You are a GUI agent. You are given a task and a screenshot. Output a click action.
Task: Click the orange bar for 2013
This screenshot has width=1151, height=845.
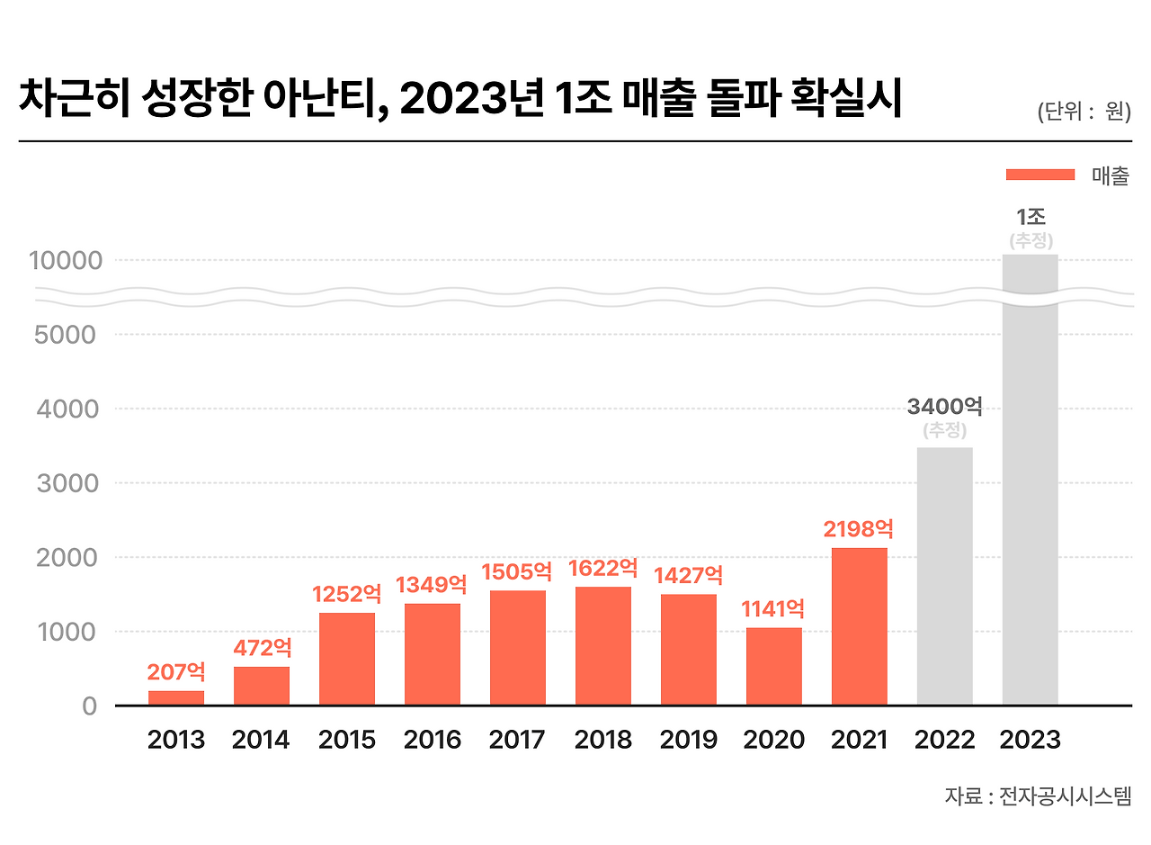click(176, 697)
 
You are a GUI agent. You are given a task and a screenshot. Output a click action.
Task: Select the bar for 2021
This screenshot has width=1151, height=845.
click(860, 626)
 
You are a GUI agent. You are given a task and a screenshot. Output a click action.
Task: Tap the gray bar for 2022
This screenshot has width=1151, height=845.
click(945, 576)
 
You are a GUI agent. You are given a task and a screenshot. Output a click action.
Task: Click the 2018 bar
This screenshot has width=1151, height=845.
click(603, 645)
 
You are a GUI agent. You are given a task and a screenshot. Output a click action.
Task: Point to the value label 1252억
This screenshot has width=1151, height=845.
click(347, 594)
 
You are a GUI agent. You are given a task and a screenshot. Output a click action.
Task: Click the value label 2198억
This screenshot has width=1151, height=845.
click(859, 528)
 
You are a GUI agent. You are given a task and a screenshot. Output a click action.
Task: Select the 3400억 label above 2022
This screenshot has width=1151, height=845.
click(944, 407)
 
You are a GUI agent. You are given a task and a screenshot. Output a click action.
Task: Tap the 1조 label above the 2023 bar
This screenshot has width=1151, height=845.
click(1031, 217)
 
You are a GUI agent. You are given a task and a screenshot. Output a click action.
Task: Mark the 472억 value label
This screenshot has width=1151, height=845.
click(262, 648)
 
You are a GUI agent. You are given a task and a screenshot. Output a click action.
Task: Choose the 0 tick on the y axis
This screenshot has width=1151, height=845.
click(89, 706)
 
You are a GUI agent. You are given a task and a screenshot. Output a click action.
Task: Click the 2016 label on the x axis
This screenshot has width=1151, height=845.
click(433, 740)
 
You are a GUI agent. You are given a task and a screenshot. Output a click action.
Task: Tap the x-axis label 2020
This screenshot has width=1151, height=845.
click(773, 740)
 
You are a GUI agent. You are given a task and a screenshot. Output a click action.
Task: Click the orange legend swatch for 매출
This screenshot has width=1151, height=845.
click(1040, 175)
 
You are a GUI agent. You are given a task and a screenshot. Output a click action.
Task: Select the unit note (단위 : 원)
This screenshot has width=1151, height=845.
click(1083, 112)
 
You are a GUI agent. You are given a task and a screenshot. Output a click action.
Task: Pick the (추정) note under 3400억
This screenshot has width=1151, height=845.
click(944, 430)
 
